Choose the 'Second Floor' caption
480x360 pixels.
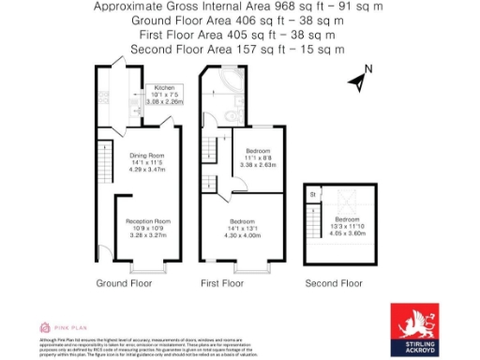(334, 282)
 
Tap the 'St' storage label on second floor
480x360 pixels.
(311, 195)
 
